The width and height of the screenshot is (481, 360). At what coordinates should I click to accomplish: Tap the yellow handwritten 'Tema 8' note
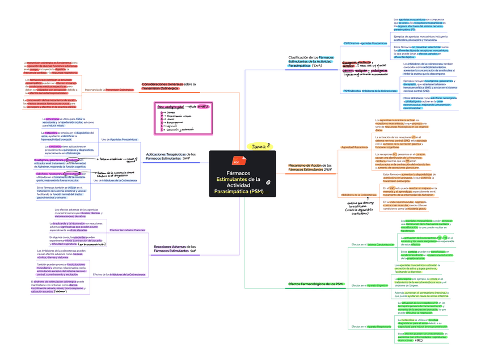point(261,147)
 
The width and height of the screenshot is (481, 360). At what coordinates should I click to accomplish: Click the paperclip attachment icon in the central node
point(268,181)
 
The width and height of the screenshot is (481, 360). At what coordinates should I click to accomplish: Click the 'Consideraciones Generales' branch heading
point(168,86)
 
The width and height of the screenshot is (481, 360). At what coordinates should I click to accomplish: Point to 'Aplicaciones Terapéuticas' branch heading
point(171,156)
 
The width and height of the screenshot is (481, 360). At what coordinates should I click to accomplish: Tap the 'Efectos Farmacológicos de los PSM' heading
point(315,283)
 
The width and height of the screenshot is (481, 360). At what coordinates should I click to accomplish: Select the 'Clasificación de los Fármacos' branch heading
point(311,61)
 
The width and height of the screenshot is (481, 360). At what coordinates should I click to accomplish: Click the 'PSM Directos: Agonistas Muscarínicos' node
point(365,43)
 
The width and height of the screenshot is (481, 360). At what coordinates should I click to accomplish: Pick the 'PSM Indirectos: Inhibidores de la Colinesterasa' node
point(370,91)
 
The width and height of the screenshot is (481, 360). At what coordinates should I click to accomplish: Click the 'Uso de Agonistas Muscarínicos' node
point(120,139)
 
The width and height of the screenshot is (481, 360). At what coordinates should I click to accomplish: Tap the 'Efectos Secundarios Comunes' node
point(127,230)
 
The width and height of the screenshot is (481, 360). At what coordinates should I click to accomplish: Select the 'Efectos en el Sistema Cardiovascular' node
point(373,244)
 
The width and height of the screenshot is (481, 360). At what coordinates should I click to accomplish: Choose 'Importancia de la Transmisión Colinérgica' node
point(109,90)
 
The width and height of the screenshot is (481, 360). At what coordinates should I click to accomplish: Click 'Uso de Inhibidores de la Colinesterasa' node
point(116,180)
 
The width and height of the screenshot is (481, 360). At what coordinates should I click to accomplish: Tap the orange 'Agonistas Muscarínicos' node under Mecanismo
point(354,147)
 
